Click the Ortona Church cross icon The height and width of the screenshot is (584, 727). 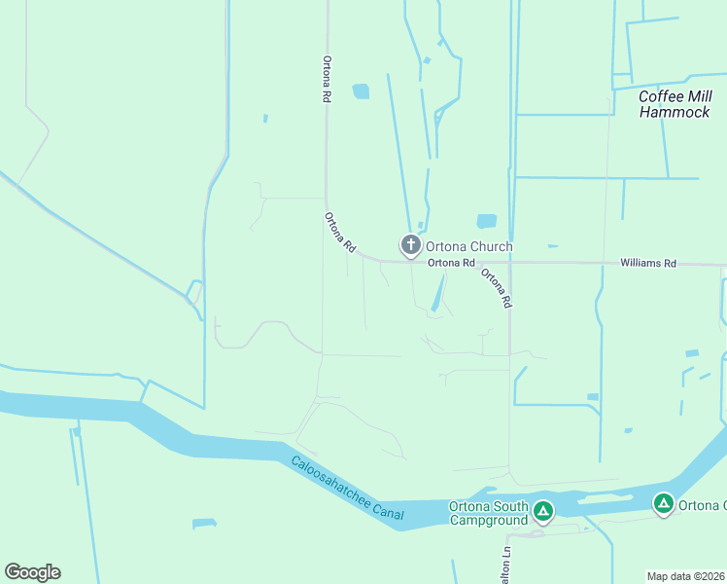[411, 245]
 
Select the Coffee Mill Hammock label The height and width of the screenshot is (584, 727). [675, 104]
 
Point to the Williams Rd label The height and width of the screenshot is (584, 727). [648, 264]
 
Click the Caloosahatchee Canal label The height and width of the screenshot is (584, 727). [345, 492]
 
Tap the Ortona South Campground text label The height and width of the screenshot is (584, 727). [489, 512]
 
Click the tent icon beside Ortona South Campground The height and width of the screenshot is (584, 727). [543, 510]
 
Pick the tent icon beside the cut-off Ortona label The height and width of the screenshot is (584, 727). [664, 504]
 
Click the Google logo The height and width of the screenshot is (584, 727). [32, 572]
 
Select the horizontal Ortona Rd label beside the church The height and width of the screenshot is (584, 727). [451, 263]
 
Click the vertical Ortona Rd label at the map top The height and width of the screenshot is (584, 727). [329, 79]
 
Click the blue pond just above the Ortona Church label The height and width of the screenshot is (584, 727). [486, 222]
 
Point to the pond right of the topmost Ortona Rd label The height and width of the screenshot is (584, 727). [361, 91]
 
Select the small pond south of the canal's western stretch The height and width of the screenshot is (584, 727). [203, 525]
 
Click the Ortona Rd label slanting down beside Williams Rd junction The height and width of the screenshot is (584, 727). [496, 288]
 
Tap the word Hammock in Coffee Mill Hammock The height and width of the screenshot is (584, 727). [675, 112]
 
